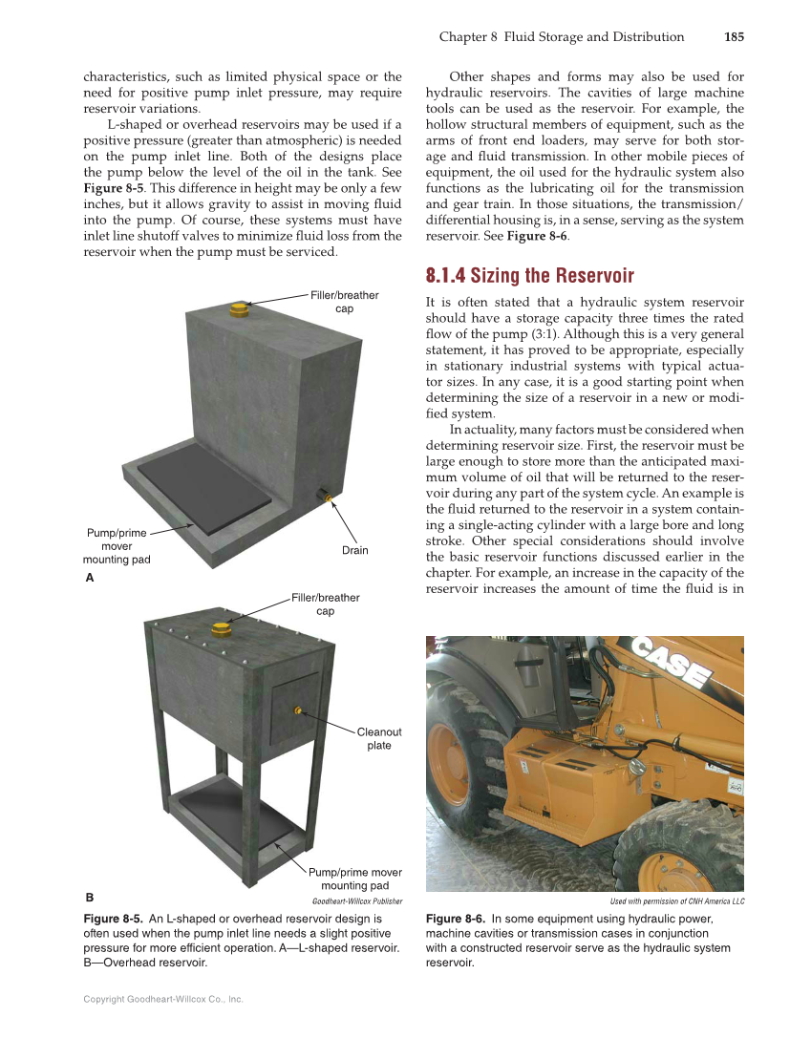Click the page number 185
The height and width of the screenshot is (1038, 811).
[734, 37]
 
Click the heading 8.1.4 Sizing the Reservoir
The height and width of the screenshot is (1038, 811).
[529, 276]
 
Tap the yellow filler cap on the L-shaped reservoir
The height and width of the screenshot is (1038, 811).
[239, 309]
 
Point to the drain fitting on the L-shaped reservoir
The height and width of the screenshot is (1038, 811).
[327, 498]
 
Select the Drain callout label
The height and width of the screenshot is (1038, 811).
[354, 550]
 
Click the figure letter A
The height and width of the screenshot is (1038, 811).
[89, 578]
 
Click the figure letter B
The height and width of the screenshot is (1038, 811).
[89, 898]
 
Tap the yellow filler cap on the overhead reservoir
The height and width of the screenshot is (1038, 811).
[222, 628]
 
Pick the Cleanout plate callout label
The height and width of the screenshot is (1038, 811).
[379, 738]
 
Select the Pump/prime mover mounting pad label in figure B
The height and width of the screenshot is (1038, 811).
[354, 879]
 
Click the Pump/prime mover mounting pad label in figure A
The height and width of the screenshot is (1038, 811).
[117, 546]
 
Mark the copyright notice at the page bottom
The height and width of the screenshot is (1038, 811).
[163, 999]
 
